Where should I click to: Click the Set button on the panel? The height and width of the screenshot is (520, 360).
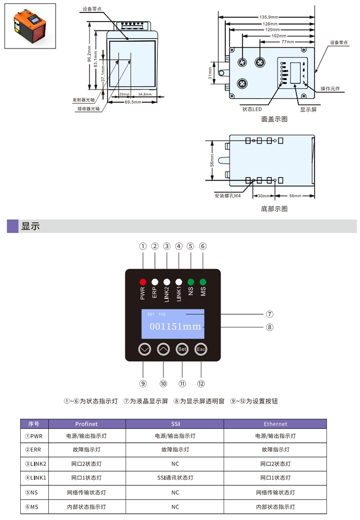click(182, 349)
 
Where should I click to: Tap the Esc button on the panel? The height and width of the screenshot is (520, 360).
click(201, 349)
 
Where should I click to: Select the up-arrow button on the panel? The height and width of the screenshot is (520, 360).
click(164, 349)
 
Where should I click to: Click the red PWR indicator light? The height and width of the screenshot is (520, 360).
click(143, 282)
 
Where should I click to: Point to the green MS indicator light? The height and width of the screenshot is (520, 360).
click(203, 282)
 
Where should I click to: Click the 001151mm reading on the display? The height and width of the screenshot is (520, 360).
click(175, 327)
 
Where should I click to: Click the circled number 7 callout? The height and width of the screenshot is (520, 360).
click(270, 314)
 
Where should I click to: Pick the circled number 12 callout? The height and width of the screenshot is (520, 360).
click(201, 383)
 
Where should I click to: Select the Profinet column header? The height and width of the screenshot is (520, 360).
click(86, 424)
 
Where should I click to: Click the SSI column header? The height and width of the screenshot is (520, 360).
click(175, 424)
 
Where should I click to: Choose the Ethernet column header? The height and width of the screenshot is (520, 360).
click(275, 424)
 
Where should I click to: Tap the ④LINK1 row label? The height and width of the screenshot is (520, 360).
click(35, 478)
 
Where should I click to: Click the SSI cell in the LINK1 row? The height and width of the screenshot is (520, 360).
click(175, 478)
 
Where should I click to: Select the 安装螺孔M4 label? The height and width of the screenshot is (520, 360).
click(228, 196)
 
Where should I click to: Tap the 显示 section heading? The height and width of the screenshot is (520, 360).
click(30, 226)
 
